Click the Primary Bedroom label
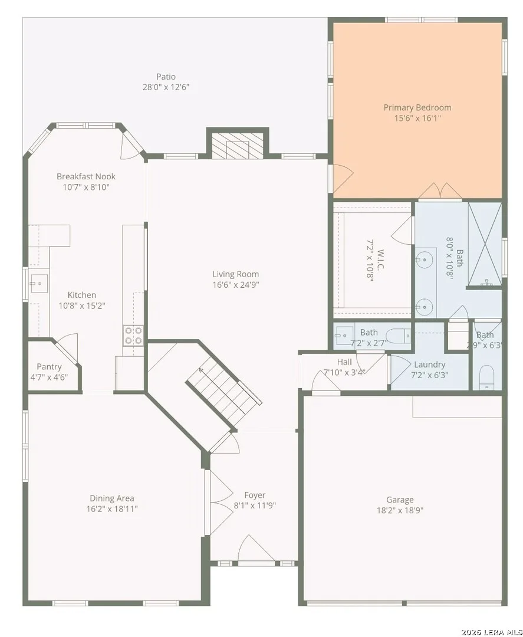click(x=417, y=108)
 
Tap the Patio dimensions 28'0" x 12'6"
click(x=166, y=87)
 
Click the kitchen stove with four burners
click(x=134, y=335)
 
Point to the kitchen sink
click(x=38, y=283)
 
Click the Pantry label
click(x=49, y=367)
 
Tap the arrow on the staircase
click(x=201, y=370)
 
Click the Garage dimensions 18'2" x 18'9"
click(x=400, y=510)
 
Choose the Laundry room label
click(x=430, y=365)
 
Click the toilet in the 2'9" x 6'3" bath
click(x=486, y=378)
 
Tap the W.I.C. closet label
click(x=380, y=260)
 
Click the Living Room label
click(x=235, y=274)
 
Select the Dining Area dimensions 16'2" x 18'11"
click(x=112, y=508)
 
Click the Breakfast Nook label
click(x=86, y=176)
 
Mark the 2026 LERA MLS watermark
click(x=491, y=632)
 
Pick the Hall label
click(x=345, y=362)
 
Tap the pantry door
click(x=66, y=347)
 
